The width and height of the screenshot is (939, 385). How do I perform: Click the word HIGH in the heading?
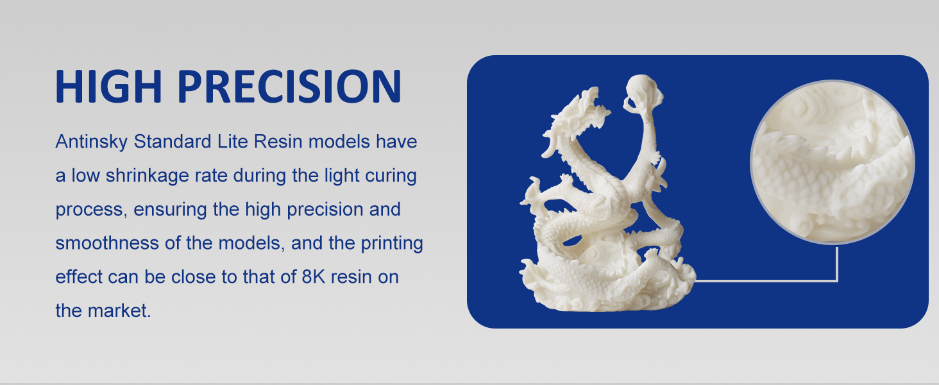108,86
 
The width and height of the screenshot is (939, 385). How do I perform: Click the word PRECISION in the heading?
290,86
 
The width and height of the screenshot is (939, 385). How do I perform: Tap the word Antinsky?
91,142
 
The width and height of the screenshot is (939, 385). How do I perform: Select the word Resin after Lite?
278,142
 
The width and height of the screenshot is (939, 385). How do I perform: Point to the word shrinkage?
146,176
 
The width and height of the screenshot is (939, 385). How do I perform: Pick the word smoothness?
107,243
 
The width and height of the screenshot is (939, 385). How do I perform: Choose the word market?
119,311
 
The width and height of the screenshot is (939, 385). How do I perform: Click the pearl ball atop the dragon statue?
643,90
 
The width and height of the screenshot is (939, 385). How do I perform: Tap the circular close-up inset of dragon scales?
832,162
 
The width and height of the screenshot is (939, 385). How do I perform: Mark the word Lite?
233,142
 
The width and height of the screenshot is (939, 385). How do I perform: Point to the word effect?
79,277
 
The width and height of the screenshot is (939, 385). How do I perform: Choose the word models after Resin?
339,142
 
